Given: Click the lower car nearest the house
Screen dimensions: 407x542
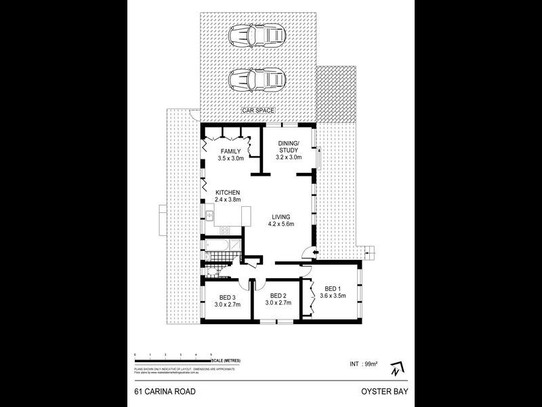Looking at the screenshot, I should point(256,81).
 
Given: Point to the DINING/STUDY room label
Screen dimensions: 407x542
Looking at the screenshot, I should point(292,147).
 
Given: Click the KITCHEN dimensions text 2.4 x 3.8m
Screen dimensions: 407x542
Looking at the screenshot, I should point(227,200).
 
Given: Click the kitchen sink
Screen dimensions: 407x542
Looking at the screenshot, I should point(210,216).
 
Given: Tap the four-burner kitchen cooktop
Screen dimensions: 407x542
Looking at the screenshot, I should point(210,230).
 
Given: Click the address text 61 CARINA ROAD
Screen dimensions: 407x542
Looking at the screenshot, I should point(157,392).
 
